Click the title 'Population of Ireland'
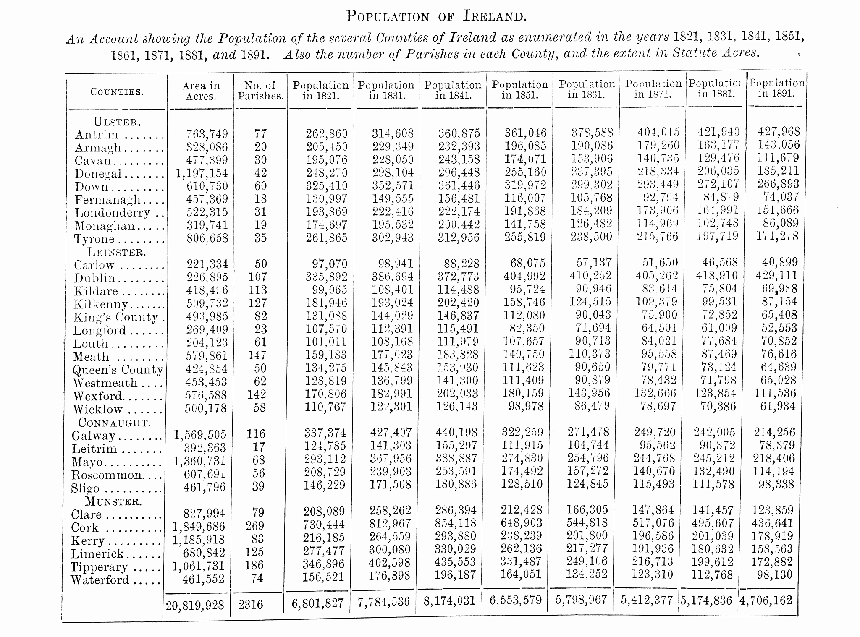435,16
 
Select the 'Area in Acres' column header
201,91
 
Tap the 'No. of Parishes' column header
260,91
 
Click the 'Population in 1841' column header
453,90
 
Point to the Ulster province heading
117,122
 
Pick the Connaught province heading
114,423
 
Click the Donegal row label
98,174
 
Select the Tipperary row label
99,567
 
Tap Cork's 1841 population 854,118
455,523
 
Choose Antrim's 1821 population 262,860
327,133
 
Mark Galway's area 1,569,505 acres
200,434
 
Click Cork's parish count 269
255,525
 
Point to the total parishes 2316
251,605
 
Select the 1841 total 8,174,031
449,601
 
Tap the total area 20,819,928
195,606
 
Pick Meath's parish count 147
257,355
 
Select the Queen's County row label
118,370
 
